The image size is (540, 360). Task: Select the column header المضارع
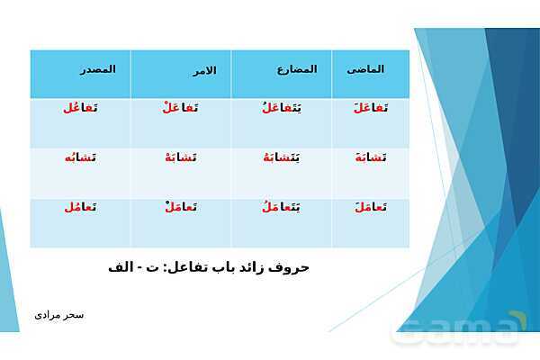(296, 69)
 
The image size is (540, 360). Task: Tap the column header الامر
(204, 70)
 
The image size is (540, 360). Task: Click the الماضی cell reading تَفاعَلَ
(371, 108)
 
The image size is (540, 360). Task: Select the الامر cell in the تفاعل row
(183, 108)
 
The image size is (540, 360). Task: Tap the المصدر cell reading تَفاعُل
(80, 108)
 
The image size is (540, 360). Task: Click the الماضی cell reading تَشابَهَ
(371, 157)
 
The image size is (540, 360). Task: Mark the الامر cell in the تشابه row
(183, 157)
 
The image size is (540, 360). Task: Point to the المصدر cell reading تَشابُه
(80, 157)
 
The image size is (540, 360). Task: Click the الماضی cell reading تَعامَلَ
(371, 207)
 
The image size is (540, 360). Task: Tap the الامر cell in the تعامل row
(183, 207)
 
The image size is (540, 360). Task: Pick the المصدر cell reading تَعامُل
(80, 207)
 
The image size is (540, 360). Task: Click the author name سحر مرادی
(59, 315)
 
